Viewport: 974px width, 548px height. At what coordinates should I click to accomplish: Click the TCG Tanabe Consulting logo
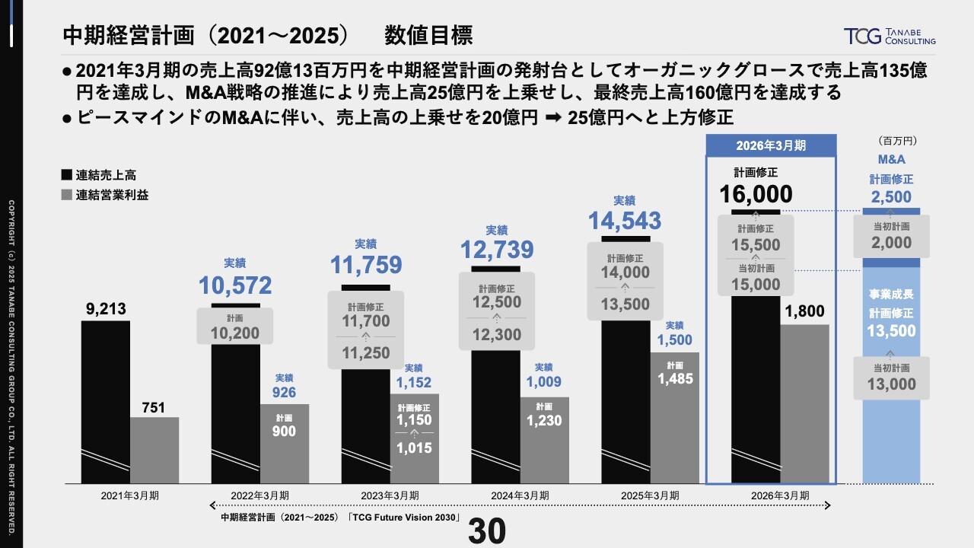[890, 36]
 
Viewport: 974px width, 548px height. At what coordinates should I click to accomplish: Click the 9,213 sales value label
[105, 309]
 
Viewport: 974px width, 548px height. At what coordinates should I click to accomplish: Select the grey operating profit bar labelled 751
[154, 449]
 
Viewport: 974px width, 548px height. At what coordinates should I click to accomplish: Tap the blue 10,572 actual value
[235, 285]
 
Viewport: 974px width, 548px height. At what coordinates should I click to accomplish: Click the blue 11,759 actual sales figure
[365, 265]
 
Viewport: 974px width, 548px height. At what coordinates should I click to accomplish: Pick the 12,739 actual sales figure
[496, 249]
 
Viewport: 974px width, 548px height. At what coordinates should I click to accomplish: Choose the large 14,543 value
[625, 220]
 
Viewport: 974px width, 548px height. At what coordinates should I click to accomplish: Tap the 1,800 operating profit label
[804, 311]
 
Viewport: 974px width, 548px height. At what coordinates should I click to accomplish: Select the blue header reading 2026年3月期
[771, 145]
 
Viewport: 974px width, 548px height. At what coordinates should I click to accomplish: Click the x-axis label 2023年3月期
[390, 495]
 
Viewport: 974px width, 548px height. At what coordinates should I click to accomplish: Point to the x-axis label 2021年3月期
[129, 495]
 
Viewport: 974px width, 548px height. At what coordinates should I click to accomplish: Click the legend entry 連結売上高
[105, 174]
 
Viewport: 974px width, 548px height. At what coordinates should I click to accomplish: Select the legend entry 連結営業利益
[111, 194]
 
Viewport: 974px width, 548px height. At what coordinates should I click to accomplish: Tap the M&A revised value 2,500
[891, 196]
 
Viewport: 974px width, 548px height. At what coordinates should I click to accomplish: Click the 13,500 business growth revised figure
[891, 331]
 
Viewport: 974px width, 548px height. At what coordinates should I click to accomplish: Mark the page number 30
[487, 532]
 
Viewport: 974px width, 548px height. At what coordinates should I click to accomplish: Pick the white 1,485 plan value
[674, 378]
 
